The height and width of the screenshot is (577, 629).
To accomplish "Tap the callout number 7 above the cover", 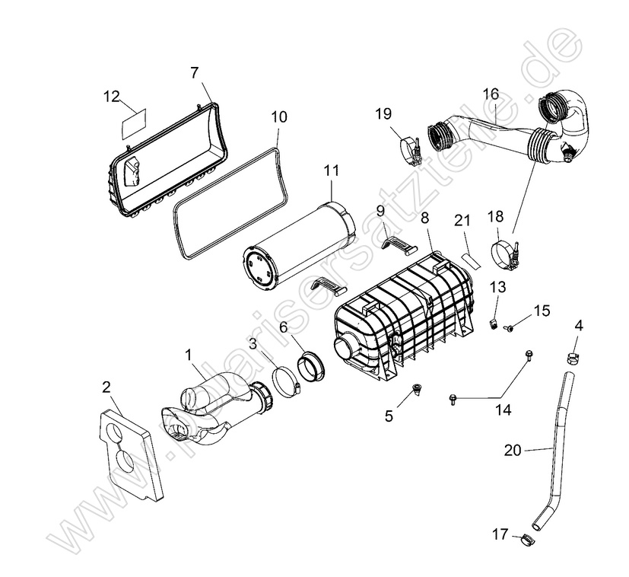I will (x=195, y=73).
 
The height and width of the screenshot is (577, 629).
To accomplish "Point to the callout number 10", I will (x=279, y=117).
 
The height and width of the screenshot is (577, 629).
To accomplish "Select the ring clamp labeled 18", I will (x=505, y=254).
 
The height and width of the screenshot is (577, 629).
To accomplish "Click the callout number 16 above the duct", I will (x=491, y=94).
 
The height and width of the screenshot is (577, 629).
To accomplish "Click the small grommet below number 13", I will (x=494, y=324).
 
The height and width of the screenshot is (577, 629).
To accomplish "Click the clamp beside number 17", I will (x=524, y=541).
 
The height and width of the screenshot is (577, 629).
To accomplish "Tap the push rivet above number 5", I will (x=417, y=390).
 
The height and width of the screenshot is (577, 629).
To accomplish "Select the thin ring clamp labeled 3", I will (x=284, y=381).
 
